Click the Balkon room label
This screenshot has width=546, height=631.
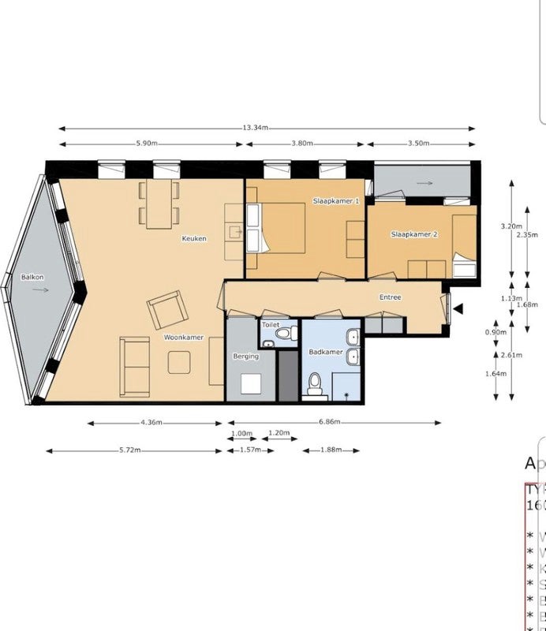point(32,278)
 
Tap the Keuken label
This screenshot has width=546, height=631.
point(194,238)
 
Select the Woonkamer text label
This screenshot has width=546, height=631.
point(184,338)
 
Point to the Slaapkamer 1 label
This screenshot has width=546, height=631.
point(336,201)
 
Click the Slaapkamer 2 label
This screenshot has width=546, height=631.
point(414,234)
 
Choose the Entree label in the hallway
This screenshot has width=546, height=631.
point(390,297)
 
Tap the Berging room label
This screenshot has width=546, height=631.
point(245,357)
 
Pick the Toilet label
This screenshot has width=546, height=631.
point(271,324)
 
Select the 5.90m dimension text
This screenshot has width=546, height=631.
point(148,144)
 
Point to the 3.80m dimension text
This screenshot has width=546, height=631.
point(302,144)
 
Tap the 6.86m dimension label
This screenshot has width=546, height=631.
point(331,423)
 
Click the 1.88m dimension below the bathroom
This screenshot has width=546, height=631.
point(331,450)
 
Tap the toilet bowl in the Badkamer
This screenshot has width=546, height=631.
point(315,384)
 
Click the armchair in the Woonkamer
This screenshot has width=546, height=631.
point(167,310)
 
